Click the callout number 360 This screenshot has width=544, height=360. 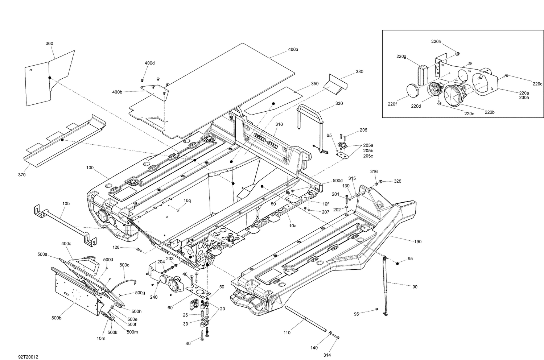point(49,44)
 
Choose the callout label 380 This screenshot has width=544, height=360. point(359,72)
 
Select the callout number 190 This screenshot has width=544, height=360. point(418,241)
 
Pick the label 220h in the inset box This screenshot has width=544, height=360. point(436,42)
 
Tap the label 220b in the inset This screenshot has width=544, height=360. point(490,112)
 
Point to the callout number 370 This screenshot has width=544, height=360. point(22,175)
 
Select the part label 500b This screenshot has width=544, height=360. point(56,318)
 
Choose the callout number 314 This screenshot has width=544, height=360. point(328,355)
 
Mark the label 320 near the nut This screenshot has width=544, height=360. point(397,181)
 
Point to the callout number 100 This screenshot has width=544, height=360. point(90,168)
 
